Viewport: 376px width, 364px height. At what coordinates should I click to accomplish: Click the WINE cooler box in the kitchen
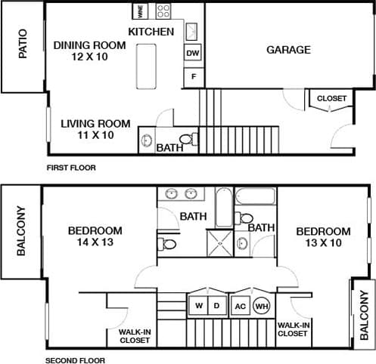pos(141,11)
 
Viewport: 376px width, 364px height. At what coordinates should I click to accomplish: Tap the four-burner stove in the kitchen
pos(163,11)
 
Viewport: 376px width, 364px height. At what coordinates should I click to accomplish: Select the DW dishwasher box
pos(193,54)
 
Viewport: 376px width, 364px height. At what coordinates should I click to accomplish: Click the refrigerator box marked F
pos(193,77)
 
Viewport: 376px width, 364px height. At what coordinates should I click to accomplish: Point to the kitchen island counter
pos(146,66)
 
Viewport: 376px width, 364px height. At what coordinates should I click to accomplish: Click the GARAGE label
pos(288,50)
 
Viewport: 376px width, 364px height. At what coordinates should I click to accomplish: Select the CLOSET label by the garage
pos(331,99)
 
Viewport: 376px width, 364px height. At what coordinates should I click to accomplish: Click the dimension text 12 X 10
pos(89,57)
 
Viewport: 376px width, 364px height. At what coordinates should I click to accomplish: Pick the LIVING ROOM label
pos(95,124)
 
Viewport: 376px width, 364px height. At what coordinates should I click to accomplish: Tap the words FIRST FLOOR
pos(71,168)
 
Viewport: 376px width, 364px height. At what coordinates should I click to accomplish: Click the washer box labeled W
pos(198,306)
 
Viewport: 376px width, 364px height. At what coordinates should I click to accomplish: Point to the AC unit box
pos(241,306)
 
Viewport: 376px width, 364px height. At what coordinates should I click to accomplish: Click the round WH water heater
pos(261,306)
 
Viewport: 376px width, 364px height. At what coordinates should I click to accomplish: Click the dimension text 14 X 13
pos(95,243)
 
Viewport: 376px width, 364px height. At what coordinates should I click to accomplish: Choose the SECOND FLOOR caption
pos(75,360)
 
